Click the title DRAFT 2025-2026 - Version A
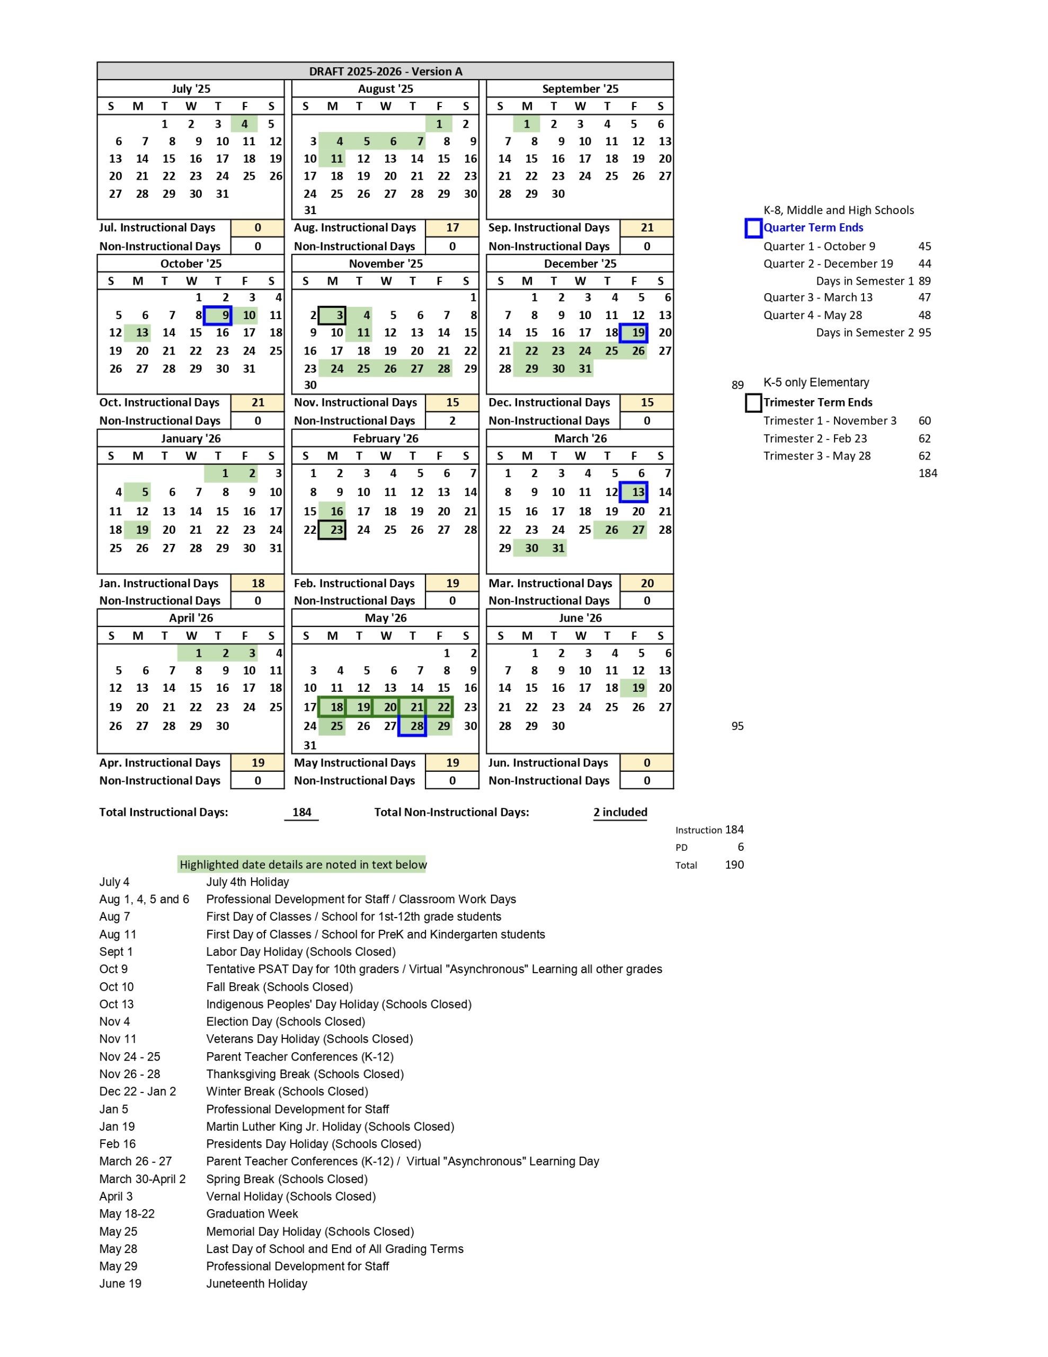(385, 71)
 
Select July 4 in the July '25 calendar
(244, 124)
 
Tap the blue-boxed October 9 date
(219, 315)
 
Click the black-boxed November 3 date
(332, 315)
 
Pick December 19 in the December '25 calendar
(634, 332)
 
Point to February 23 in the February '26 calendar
(332, 530)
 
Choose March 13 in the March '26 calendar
(634, 492)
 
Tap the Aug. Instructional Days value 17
(452, 227)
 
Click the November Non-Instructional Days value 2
(452, 421)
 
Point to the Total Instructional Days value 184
(301, 812)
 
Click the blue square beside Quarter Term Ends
(753, 228)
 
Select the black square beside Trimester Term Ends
(753, 403)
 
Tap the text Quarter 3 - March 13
(818, 297)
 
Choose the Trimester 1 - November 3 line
(829, 421)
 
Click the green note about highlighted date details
(303, 864)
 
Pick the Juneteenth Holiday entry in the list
(256, 1284)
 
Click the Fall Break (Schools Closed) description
(280, 986)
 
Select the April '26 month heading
(191, 618)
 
